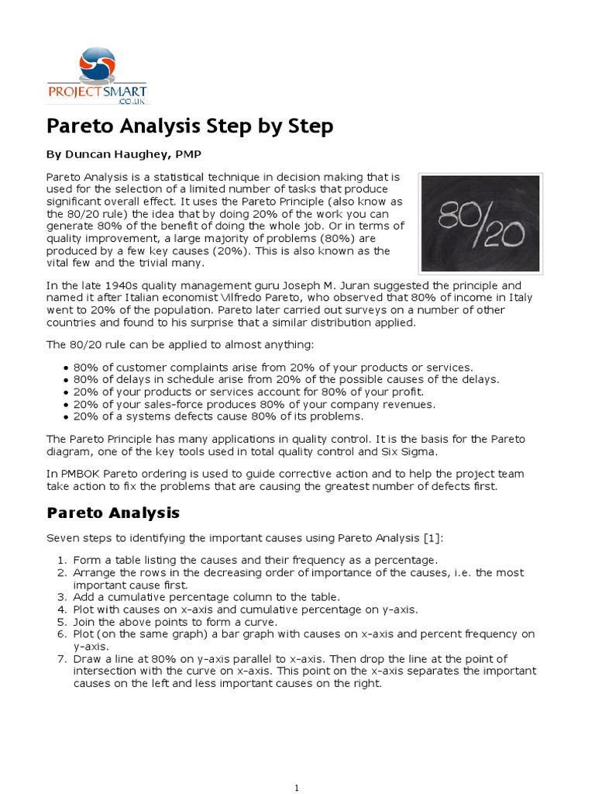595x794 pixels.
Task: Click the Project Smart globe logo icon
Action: (x=97, y=64)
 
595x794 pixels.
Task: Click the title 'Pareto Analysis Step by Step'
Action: (x=190, y=126)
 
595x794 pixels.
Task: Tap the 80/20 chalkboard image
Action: (x=480, y=223)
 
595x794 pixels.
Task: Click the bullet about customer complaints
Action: (x=273, y=367)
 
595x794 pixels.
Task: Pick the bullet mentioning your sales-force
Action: (x=254, y=404)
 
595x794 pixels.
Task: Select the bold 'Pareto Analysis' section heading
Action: (x=113, y=513)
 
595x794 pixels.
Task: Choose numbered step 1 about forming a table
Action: (x=255, y=560)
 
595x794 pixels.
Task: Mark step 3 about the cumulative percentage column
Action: (x=206, y=597)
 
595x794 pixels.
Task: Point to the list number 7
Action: (x=63, y=659)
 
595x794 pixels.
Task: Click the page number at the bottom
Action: (x=297, y=788)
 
